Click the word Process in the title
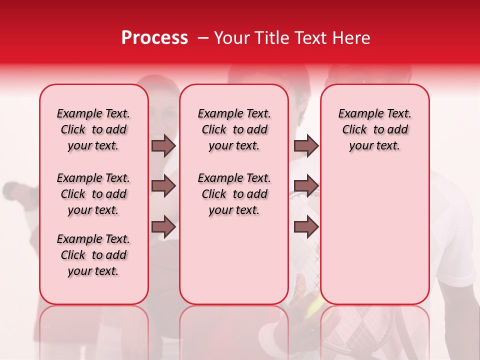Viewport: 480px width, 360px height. (x=154, y=38)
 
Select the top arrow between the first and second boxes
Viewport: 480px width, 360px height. (x=163, y=146)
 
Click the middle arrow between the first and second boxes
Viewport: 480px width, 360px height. (x=163, y=186)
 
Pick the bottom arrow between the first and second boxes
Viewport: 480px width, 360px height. (x=163, y=227)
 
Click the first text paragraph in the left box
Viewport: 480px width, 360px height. (x=93, y=129)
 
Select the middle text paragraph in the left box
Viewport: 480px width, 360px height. (x=93, y=194)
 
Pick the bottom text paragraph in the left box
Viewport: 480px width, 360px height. (x=93, y=255)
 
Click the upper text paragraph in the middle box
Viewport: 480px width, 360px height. (x=234, y=129)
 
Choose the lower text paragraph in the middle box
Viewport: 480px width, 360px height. (x=234, y=194)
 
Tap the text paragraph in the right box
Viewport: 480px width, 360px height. (x=375, y=129)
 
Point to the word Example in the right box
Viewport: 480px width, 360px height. (x=357, y=114)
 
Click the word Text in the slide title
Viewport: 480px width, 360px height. (x=306, y=38)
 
